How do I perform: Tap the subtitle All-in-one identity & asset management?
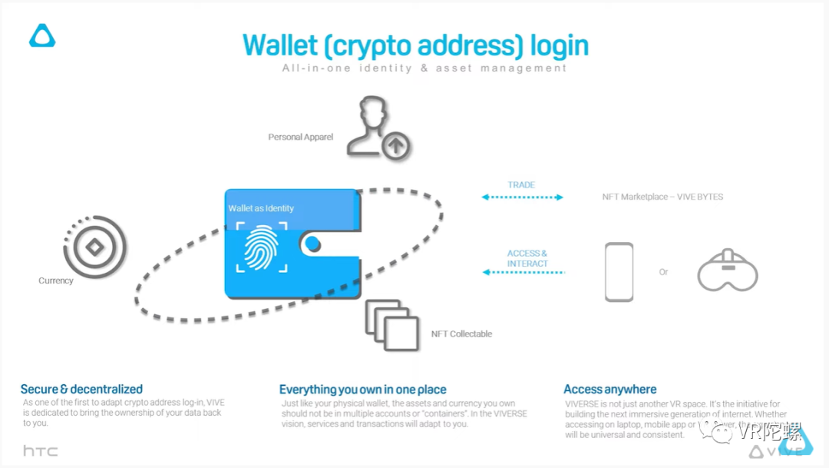(x=424, y=68)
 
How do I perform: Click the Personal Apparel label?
(x=300, y=137)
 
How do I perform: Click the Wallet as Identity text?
(x=261, y=208)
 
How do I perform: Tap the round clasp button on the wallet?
(x=312, y=244)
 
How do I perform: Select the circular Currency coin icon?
(x=94, y=247)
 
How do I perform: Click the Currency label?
(x=56, y=280)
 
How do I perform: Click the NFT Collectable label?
(x=461, y=334)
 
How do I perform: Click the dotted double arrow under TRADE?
(x=522, y=197)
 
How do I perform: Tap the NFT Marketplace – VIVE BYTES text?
(x=662, y=197)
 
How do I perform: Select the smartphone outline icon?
(x=619, y=272)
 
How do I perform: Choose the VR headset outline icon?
(x=727, y=272)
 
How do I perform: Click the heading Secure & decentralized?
(x=81, y=389)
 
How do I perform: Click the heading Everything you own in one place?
(x=362, y=390)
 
